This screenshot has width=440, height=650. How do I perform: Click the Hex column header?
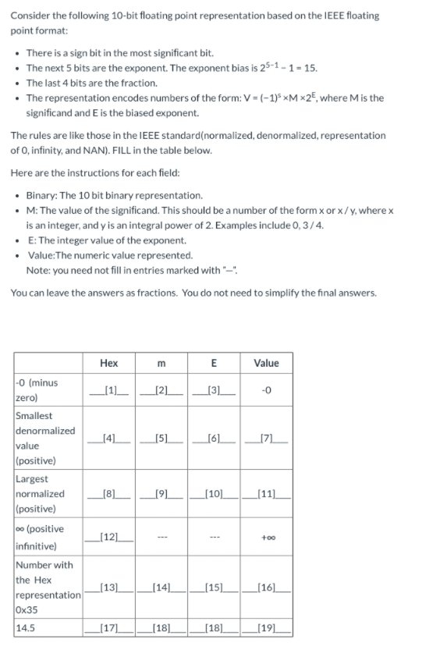click(x=109, y=363)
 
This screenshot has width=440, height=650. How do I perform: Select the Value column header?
click(x=266, y=363)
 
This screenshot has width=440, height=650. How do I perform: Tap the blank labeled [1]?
click(x=109, y=389)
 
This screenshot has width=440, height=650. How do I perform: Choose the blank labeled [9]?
click(x=162, y=493)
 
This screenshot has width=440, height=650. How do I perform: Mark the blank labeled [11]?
click(x=266, y=493)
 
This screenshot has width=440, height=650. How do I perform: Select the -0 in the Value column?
click(x=266, y=390)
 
